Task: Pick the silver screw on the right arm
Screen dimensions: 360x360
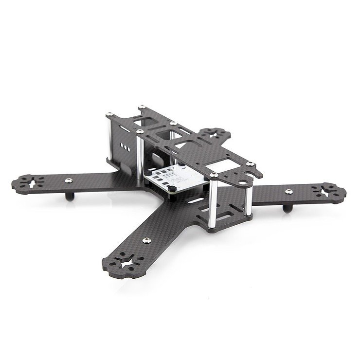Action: pos(289,190)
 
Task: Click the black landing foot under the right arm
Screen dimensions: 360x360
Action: pos(286,209)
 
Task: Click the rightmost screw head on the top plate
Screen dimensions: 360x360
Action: pos(249,164)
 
